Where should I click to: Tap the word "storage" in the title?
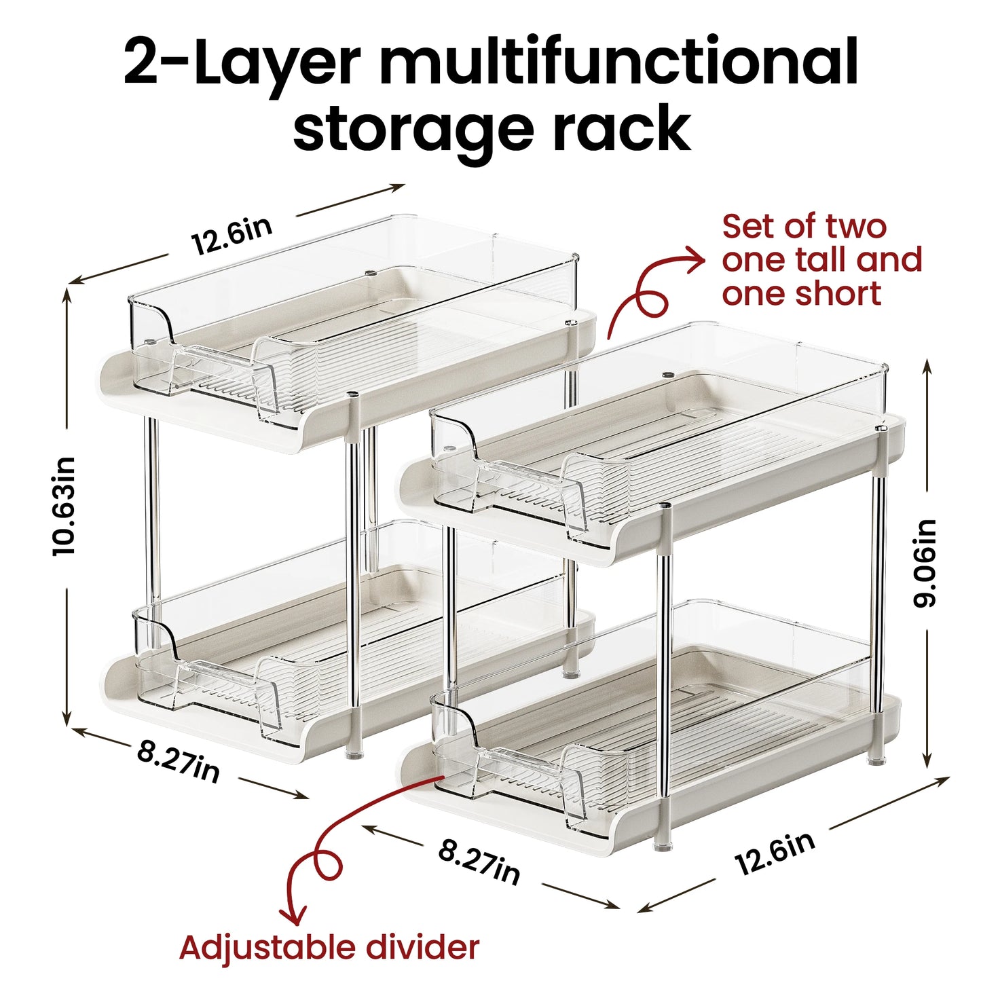413,130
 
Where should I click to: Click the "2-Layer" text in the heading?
241,62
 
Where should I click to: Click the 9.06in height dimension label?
926,563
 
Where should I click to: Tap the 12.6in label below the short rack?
775,853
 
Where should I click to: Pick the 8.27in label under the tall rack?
179,761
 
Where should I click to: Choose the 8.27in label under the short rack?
479,862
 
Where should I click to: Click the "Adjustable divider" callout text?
329,948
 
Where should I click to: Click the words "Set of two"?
804,226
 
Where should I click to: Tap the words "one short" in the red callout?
801,294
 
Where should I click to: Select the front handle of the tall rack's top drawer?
215,368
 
